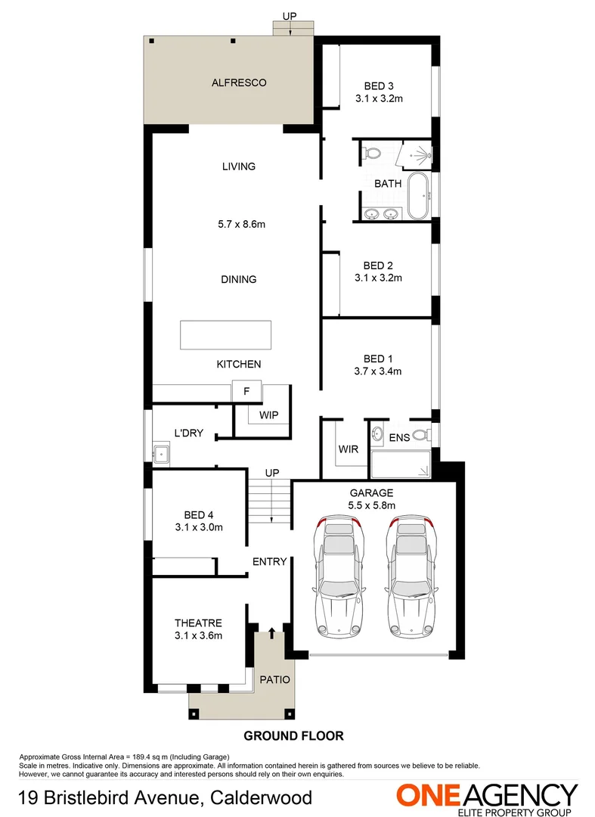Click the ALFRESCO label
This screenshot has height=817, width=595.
239,82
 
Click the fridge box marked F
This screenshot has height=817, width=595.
246,392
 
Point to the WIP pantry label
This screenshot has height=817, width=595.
269,415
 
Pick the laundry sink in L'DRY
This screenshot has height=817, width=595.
160,455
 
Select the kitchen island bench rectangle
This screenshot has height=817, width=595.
225,335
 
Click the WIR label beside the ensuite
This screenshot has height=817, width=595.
348,449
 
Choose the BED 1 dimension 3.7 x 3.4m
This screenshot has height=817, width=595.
377,371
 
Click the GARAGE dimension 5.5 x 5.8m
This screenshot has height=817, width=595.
371,505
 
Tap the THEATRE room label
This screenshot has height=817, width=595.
198,623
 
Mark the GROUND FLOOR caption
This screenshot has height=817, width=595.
293,735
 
